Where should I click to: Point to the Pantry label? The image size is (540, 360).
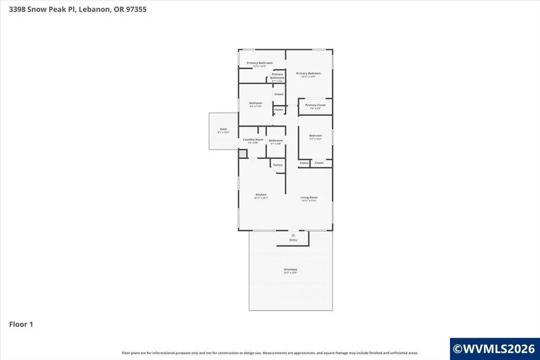click(x=278, y=164)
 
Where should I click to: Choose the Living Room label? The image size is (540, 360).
click(x=309, y=198)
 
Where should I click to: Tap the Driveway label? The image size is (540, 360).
click(x=290, y=270)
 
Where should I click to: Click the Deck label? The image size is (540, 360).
click(x=223, y=130)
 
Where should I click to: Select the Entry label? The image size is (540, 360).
click(x=293, y=240)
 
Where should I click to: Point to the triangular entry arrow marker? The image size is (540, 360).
click(x=293, y=235)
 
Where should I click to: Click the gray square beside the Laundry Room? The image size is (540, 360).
click(x=242, y=154)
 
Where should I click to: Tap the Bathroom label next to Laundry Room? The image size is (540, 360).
click(x=275, y=141)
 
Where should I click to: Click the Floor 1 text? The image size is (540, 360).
click(x=21, y=324)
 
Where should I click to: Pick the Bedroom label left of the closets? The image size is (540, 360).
click(x=256, y=103)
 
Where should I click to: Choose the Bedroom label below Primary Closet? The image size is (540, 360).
click(x=316, y=136)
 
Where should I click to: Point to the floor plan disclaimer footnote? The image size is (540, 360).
click(x=270, y=353)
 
